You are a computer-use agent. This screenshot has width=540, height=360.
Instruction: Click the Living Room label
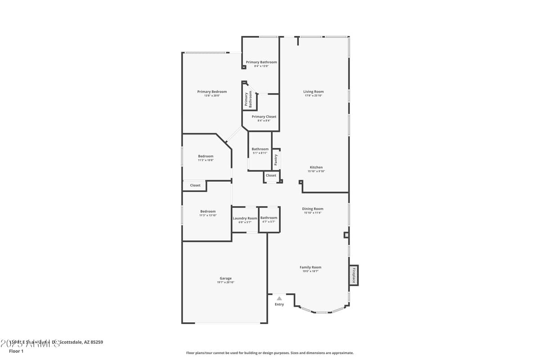pyautogui.click(x=313, y=92)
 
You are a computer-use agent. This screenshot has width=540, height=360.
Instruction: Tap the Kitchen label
pyautogui.click(x=316, y=167)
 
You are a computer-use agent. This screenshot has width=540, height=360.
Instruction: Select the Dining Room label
pyautogui.click(x=312, y=209)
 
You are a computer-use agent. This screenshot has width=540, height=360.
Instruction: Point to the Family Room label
pyautogui.click(x=310, y=267)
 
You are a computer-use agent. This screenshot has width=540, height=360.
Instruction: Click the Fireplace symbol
pyautogui.click(x=354, y=275)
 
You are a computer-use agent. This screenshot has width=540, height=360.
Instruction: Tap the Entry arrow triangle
pyautogui.click(x=279, y=298)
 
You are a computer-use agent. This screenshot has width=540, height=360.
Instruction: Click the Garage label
pyautogui.click(x=225, y=279)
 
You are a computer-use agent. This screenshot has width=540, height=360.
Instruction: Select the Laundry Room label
pyautogui.click(x=245, y=218)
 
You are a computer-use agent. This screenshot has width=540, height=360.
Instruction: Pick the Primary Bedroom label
pyautogui.click(x=212, y=92)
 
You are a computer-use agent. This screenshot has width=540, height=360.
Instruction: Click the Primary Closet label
pyautogui.click(x=264, y=117)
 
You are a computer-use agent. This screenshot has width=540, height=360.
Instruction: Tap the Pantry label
pyautogui.click(x=276, y=159)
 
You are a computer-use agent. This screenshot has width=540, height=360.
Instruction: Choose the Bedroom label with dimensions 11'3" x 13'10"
pyautogui.click(x=208, y=211)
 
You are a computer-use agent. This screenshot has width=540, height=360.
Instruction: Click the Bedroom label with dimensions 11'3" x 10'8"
pyautogui.click(x=206, y=157)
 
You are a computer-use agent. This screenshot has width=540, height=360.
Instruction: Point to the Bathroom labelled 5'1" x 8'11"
pyautogui.click(x=260, y=149)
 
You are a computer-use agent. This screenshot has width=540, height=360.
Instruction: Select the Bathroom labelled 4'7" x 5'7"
pyautogui.click(x=269, y=218)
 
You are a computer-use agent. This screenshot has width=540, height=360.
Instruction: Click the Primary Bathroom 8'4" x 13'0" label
pyautogui.click(x=261, y=63)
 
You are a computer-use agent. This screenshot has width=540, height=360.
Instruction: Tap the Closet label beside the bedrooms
pyautogui.click(x=195, y=185)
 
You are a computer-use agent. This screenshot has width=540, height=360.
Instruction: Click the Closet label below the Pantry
pyautogui.click(x=271, y=175)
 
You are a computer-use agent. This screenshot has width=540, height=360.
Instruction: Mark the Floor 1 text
pyautogui.click(x=16, y=351)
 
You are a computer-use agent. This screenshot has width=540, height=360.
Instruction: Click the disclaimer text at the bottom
pyautogui.click(x=270, y=353)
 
